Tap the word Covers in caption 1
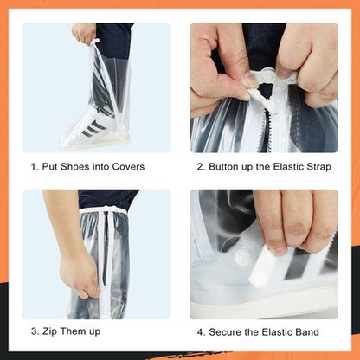(126, 167)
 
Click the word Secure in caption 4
(228, 332)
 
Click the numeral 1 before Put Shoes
(35, 167)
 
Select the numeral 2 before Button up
(200, 167)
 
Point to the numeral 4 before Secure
(201, 332)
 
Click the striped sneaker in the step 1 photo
(87, 130)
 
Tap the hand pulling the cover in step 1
(84, 34)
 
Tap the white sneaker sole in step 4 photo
(268, 299)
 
